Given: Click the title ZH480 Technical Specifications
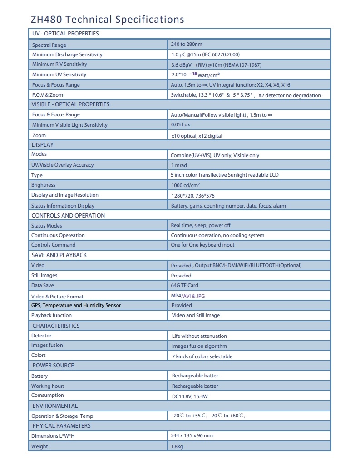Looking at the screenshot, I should [x=107, y=19].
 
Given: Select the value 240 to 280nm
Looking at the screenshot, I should [x=187, y=45].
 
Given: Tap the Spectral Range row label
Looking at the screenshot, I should [x=49, y=45].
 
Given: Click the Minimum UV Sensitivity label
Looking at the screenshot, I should [x=59, y=74].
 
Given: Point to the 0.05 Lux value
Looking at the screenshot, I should [x=180, y=125].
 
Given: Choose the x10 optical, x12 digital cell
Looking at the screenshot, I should [x=197, y=135].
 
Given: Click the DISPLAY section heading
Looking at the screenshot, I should [x=43, y=145].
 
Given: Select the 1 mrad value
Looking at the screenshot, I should [x=179, y=165].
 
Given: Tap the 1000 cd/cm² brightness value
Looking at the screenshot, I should [x=186, y=185].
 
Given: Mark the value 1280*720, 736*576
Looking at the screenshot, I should [x=196, y=195].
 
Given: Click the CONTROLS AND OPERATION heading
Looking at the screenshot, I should [x=68, y=216].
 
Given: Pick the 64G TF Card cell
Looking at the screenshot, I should [x=184, y=286].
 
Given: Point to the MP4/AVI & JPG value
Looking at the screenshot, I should [x=188, y=296].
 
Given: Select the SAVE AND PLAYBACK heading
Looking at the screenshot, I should [x=59, y=255].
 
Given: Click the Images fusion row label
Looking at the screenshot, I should [x=47, y=346].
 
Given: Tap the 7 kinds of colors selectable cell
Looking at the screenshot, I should [x=202, y=356].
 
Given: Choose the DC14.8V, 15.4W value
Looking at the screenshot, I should [x=190, y=396].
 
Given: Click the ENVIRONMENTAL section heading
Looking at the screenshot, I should [x=55, y=406].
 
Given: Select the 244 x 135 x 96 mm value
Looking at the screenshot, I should [x=192, y=435].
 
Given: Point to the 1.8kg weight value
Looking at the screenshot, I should [x=177, y=446].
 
